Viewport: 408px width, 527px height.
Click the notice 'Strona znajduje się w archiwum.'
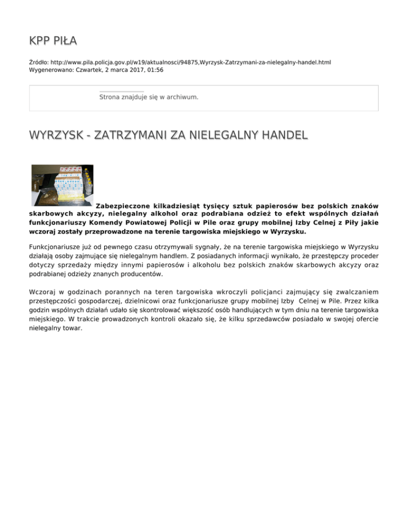(149, 97)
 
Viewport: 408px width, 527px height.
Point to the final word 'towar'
(73, 328)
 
